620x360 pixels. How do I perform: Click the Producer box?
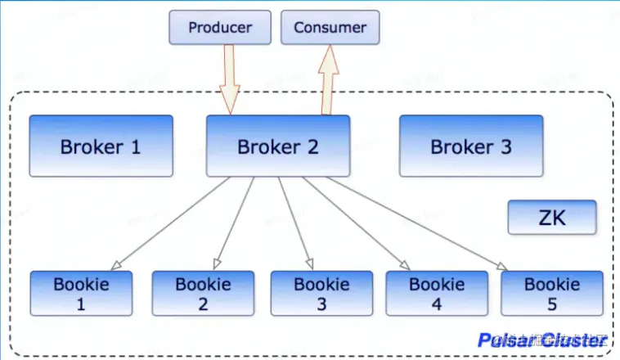point(219,28)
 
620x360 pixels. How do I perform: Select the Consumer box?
point(330,28)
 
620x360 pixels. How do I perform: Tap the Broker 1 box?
point(101,146)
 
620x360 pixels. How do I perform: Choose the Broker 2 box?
point(277,146)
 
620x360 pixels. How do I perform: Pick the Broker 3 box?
point(470,146)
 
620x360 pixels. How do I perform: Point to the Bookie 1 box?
point(81,293)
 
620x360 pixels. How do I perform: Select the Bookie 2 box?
point(202,293)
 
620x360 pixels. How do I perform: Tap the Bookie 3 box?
point(321,293)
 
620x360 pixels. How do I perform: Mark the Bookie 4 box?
point(436,293)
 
